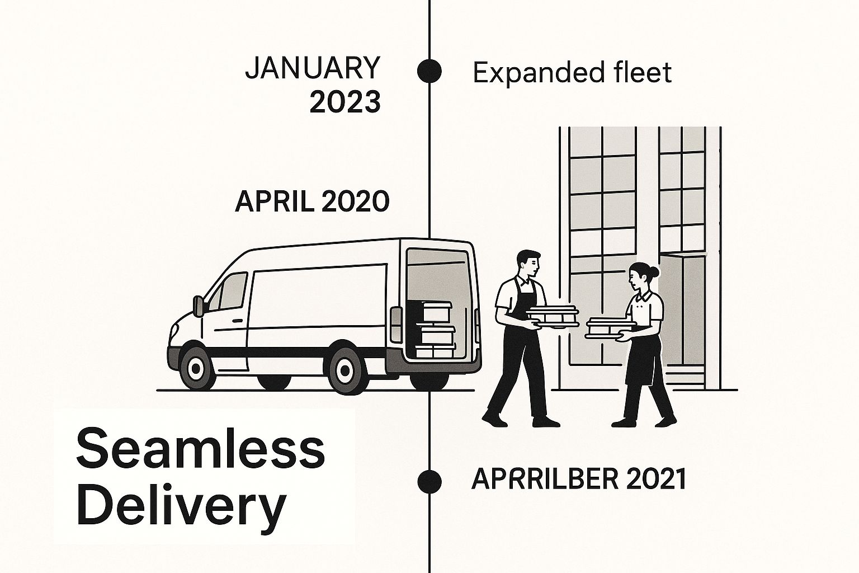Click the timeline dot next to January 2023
pyautogui.click(x=429, y=71)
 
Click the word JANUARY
pyautogui.click(x=313, y=68)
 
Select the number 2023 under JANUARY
pyautogui.click(x=345, y=102)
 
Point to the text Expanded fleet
pyautogui.click(x=572, y=73)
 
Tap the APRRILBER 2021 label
pyautogui.click(x=579, y=480)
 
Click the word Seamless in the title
pyautogui.click(x=200, y=450)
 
